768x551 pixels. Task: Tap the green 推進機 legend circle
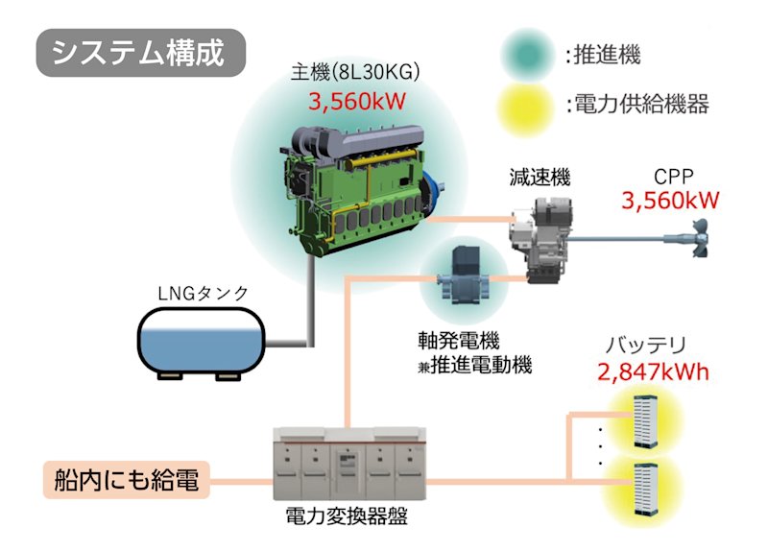[x=527, y=54]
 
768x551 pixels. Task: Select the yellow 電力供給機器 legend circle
[x=527, y=105]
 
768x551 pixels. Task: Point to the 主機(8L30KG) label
[x=356, y=74]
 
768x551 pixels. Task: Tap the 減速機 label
[x=540, y=177]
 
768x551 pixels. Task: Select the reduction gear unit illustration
[x=542, y=235]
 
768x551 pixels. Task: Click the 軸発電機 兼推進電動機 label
[x=474, y=352]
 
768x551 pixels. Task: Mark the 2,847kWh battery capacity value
[x=653, y=371]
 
